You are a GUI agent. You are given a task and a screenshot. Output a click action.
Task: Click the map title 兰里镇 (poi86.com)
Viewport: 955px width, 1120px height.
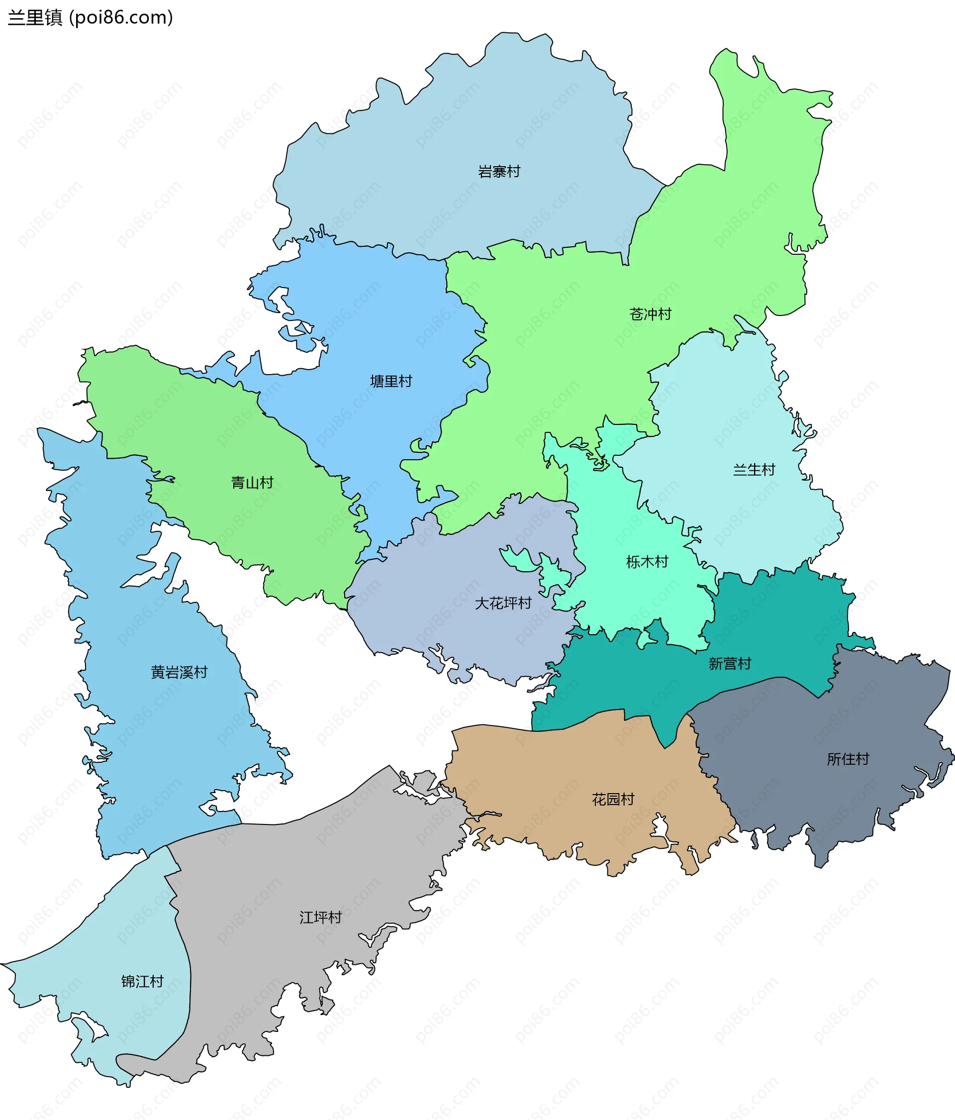click(90, 18)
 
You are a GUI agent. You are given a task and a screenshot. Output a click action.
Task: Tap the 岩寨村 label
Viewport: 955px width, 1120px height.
click(499, 172)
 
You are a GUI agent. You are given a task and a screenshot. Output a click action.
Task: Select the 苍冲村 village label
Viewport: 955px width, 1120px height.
click(650, 314)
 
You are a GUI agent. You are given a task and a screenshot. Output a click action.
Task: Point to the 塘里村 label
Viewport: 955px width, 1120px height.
click(391, 382)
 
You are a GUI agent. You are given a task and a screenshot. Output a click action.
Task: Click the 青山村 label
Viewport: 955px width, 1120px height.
click(252, 483)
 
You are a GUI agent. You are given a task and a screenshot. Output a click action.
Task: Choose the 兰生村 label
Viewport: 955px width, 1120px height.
click(754, 470)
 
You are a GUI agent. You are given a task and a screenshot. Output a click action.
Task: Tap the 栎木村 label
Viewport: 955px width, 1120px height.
click(647, 562)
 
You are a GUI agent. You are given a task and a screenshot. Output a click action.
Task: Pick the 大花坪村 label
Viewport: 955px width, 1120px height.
click(503, 603)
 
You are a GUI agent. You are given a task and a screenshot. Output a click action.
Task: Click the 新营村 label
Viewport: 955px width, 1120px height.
click(730, 664)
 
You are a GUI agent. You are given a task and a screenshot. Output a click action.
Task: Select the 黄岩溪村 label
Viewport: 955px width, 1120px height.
click(179, 672)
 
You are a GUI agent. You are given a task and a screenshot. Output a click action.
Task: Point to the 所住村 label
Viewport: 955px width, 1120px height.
click(848, 759)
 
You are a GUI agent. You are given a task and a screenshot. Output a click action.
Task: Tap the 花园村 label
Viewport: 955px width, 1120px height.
click(613, 800)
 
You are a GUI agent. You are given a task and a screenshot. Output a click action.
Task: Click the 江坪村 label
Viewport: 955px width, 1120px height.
click(320, 917)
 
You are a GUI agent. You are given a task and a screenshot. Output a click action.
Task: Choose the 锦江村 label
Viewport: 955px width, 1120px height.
click(142, 981)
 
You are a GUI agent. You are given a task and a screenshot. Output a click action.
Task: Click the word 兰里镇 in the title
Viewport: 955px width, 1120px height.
click(35, 18)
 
